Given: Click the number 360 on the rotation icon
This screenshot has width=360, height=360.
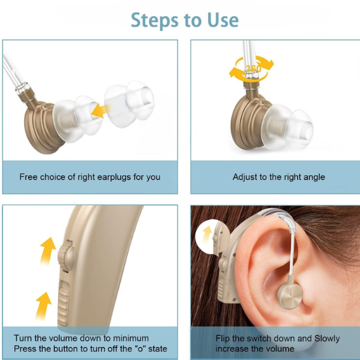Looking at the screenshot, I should pos(253,68).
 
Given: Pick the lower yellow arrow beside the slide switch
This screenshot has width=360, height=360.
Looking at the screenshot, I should pos(43,304).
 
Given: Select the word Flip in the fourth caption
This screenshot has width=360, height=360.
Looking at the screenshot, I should pos(224,338).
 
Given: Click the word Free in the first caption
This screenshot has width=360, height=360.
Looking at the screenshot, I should pos(29,177).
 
